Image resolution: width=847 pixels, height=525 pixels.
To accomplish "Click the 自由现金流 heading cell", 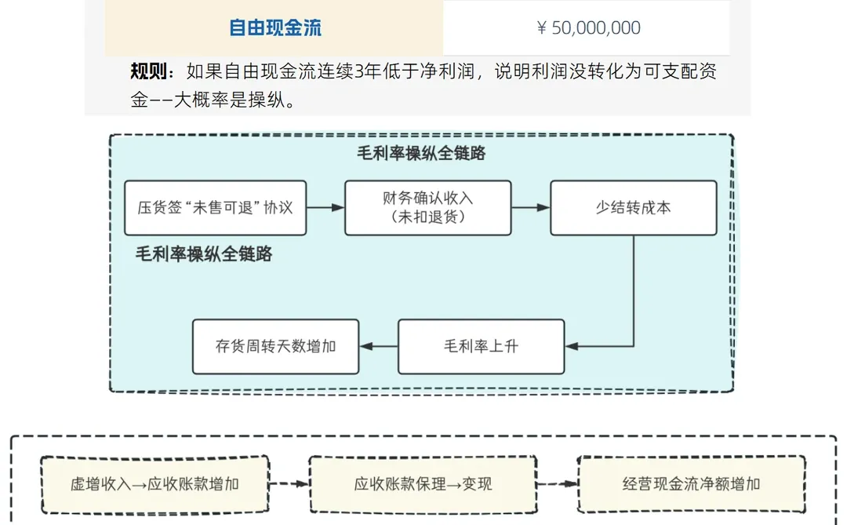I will (274, 28).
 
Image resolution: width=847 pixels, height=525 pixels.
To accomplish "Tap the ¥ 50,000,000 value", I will (588, 28).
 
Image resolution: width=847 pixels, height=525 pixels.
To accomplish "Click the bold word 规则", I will (150, 73).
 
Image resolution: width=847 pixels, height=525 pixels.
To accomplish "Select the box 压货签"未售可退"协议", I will (215, 208).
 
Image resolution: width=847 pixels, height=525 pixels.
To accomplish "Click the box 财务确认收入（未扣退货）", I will (427, 208).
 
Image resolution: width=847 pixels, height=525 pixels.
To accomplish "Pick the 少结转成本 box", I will (633, 208).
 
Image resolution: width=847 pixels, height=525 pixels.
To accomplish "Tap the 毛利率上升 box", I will (481, 346).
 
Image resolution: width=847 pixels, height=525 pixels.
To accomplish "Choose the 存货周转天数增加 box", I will (275, 346).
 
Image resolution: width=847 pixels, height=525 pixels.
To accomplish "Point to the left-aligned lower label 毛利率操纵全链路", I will (204, 254).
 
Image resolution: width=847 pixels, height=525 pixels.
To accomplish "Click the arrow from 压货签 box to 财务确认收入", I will (325, 208).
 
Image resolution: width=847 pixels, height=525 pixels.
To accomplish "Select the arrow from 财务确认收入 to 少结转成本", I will (531, 208).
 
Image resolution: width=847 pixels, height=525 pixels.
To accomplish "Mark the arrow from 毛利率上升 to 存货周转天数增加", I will (378, 346).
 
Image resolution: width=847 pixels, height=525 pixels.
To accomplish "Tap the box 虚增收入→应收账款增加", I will (154, 484).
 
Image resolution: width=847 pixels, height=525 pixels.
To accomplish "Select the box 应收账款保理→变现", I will (423, 484).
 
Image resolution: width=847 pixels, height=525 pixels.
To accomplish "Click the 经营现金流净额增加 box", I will (691, 484).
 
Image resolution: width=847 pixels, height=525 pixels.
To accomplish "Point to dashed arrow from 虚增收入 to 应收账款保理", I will (289, 484).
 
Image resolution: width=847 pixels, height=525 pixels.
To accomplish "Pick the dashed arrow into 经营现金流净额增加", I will (558, 484).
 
